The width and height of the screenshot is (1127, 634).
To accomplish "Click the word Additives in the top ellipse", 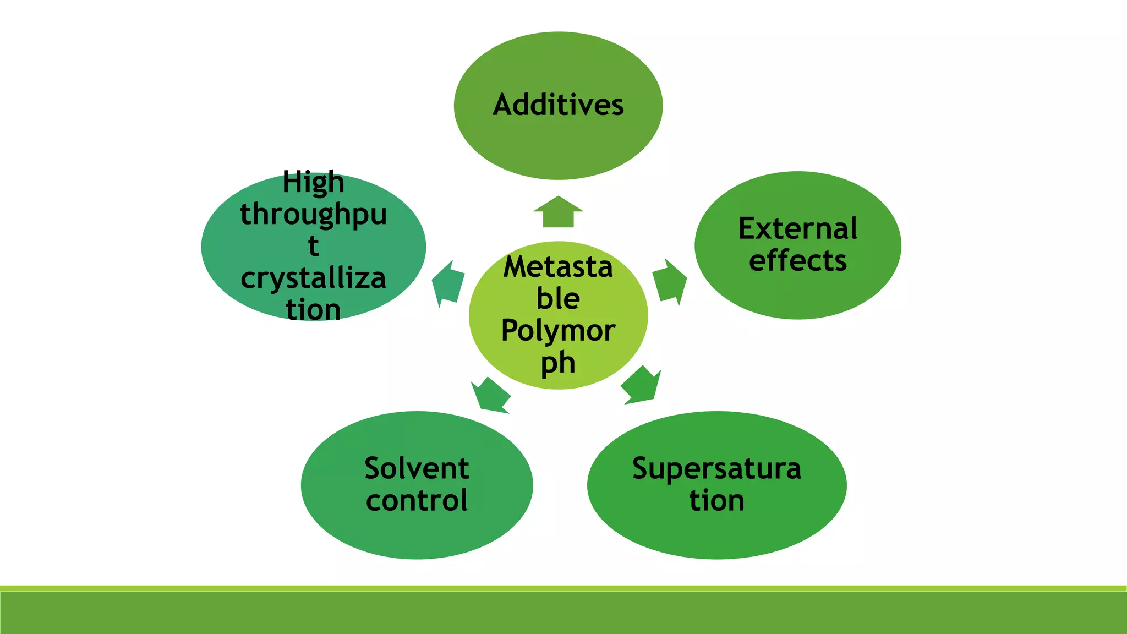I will click(x=558, y=105).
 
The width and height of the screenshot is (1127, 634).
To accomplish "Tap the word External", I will click(x=797, y=228).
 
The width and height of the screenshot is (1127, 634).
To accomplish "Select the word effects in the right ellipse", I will click(x=797, y=260).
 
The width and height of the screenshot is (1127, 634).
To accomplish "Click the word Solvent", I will click(x=417, y=468).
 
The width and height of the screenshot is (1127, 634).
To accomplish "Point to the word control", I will click(x=417, y=500).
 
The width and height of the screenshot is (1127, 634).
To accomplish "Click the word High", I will click(x=313, y=182).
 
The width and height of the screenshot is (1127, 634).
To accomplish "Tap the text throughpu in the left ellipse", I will click(x=313, y=215).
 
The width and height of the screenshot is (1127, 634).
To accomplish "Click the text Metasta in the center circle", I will click(x=558, y=267).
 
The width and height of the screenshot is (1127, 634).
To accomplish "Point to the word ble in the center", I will click(x=558, y=298).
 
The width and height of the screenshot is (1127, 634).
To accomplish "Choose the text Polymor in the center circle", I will click(x=558, y=330).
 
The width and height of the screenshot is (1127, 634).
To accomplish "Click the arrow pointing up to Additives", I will click(x=558, y=212).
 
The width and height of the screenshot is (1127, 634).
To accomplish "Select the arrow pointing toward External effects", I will click(x=670, y=282).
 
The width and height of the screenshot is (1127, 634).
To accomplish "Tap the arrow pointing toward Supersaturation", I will click(x=642, y=385).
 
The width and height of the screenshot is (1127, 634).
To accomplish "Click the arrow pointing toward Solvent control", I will click(x=490, y=395).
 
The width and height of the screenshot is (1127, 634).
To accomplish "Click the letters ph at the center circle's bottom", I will click(x=558, y=363).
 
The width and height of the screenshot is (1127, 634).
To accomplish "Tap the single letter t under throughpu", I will click(x=313, y=246).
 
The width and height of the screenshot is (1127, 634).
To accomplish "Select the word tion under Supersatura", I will click(x=716, y=501).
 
